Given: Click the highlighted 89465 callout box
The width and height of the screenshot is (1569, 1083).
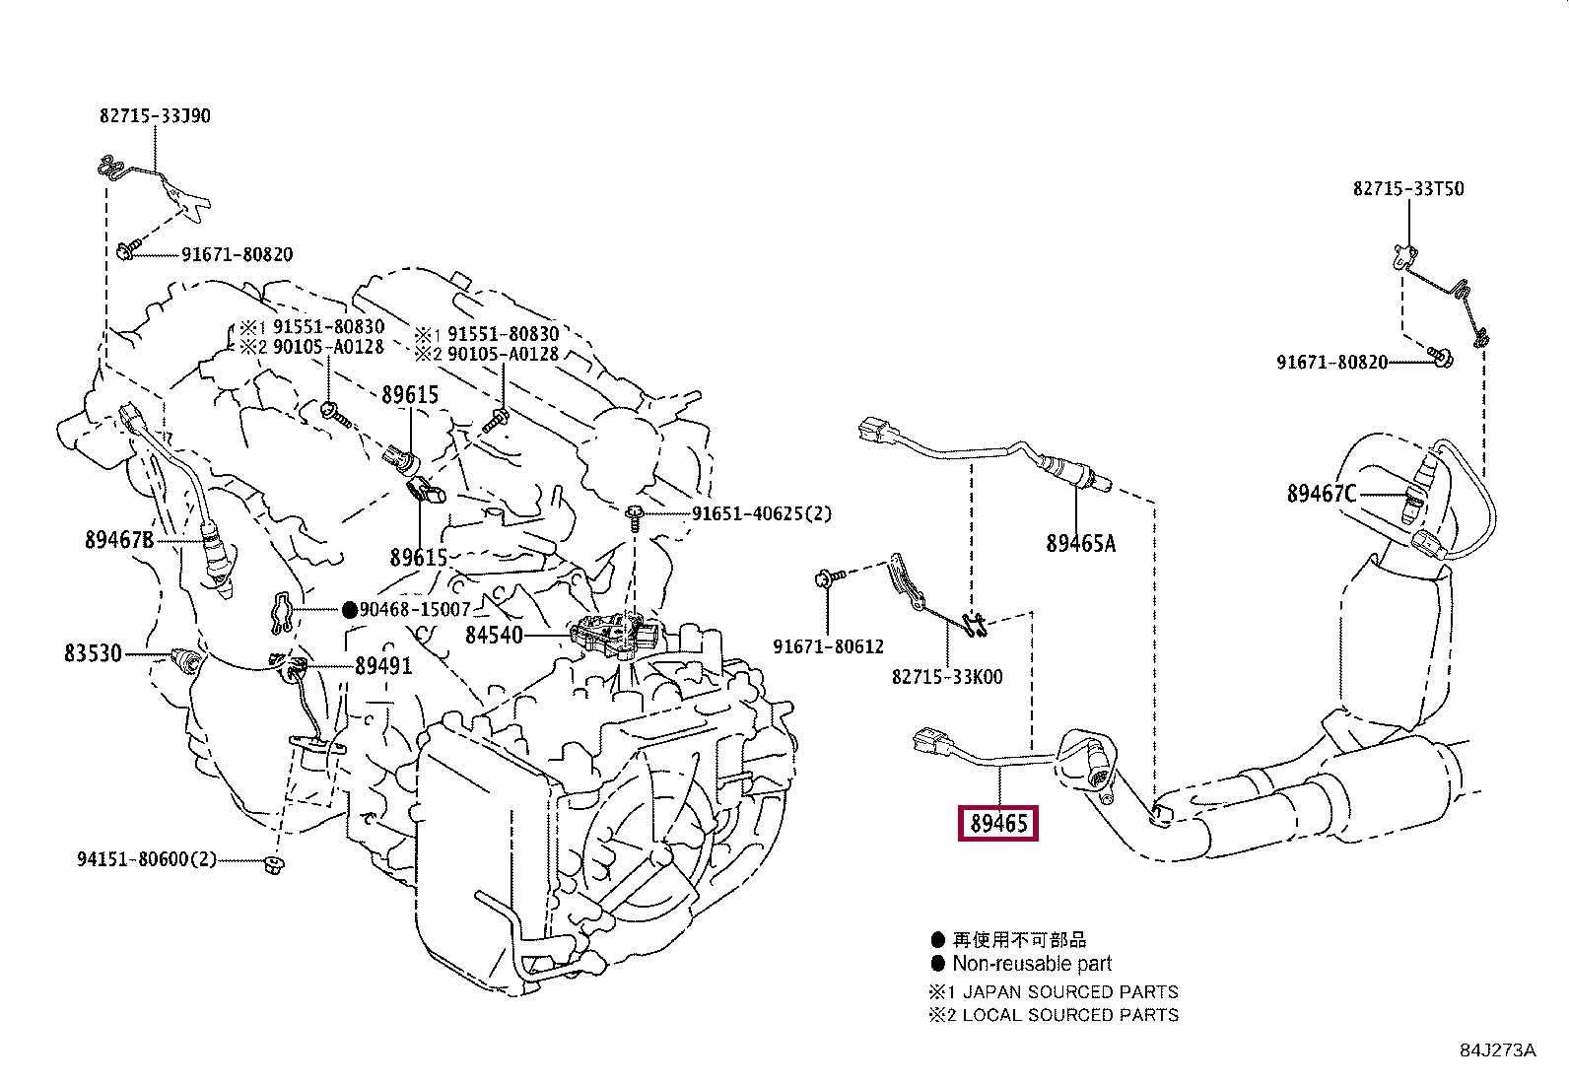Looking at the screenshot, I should [x=999, y=823].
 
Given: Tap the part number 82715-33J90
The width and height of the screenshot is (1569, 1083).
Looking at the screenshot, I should [x=155, y=115].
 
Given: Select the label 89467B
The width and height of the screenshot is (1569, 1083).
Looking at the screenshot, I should [x=119, y=539].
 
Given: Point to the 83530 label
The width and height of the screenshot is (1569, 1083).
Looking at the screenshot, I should [x=93, y=652].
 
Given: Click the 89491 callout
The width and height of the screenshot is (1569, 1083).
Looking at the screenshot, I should [x=383, y=666].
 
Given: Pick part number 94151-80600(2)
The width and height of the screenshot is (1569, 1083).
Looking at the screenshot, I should [x=146, y=859].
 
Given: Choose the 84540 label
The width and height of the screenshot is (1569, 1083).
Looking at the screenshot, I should [x=494, y=636].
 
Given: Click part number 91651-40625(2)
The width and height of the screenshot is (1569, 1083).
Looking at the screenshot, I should [x=761, y=513].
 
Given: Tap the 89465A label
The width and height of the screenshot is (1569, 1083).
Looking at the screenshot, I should [x=1080, y=542].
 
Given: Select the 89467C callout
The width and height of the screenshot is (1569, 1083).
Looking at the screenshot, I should [x=1322, y=493].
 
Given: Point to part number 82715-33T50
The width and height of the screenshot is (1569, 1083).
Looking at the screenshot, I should [x=1407, y=188].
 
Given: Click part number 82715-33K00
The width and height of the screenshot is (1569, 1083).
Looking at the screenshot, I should [x=947, y=677].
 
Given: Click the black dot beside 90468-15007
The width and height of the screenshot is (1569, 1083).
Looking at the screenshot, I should [x=349, y=610].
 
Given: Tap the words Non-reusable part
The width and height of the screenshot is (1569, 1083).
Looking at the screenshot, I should [x=1031, y=964].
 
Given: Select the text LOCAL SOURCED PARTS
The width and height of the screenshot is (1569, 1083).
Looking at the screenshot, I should [x=1069, y=1014].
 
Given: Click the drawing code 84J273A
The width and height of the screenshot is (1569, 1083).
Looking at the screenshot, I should [x=1497, y=1050].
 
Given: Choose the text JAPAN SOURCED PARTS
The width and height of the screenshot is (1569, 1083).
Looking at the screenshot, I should [x=1069, y=991].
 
